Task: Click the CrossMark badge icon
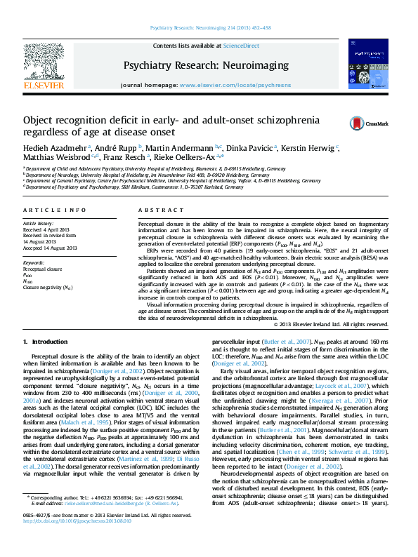click(x=360, y=123)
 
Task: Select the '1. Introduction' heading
click(x=46, y=341)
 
